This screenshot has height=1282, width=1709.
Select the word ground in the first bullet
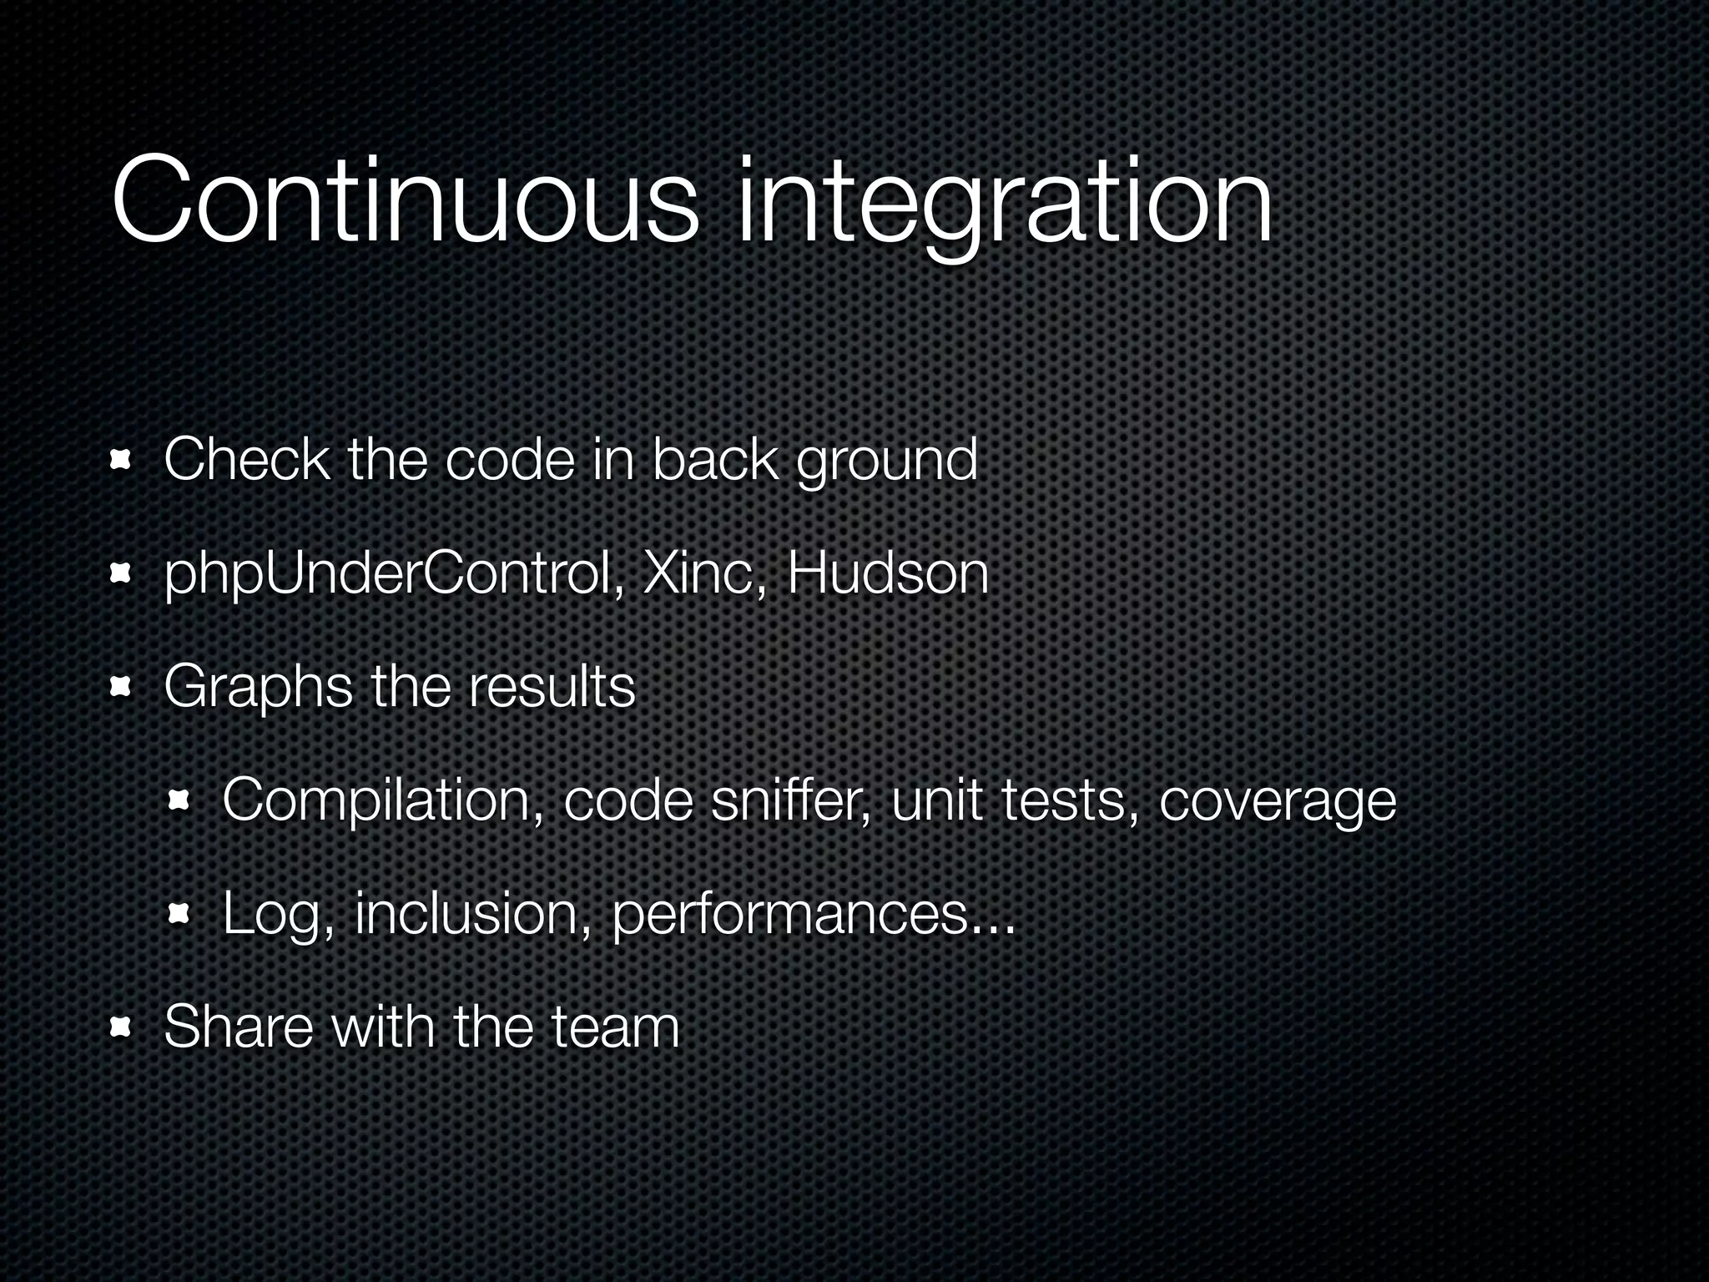click(x=886, y=462)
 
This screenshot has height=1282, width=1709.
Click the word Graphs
click(x=258, y=689)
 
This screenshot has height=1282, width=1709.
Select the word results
click(x=552, y=687)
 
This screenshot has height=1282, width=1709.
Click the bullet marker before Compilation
click(x=179, y=800)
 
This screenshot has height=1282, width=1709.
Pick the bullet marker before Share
click(x=120, y=1027)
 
